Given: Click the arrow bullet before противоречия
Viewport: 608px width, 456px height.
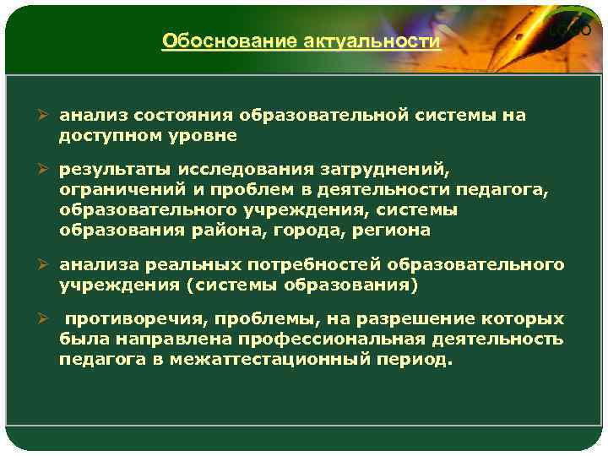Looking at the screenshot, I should point(46,321).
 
